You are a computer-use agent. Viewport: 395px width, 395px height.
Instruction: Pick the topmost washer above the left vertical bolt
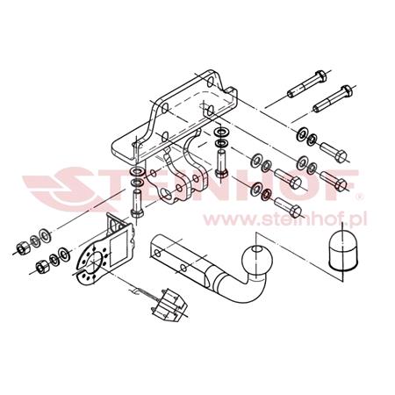tap(138, 172)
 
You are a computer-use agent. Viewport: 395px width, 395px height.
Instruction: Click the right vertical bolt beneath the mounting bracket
tap(219, 163)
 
